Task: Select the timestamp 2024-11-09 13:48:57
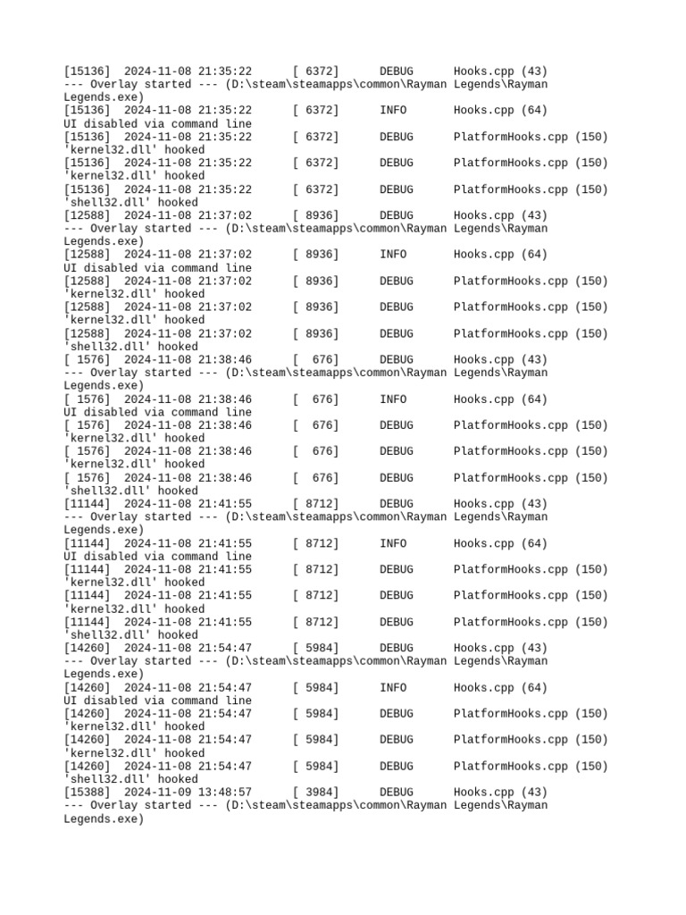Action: (x=188, y=792)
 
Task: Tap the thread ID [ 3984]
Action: (x=315, y=792)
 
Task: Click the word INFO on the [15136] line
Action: (x=393, y=111)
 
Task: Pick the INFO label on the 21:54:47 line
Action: (x=393, y=688)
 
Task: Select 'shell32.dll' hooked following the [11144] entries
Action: (x=130, y=635)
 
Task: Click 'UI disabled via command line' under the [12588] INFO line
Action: (x=157, y=268)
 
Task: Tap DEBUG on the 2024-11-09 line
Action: (x=396, y=792)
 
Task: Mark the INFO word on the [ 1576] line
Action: (x=393, y=399)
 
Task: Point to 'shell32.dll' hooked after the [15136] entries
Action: (x=130, y=203)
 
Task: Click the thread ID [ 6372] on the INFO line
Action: (x=315, y=111)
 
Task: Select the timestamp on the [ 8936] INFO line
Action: (x=188, y=255)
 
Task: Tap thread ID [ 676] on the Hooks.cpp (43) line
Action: (x=315, y=359)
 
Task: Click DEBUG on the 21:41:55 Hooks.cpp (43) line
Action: (x=396, y=504)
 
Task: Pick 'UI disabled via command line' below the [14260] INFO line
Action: (x=157, y=701)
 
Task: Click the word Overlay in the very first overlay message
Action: (x=117, y=84)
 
